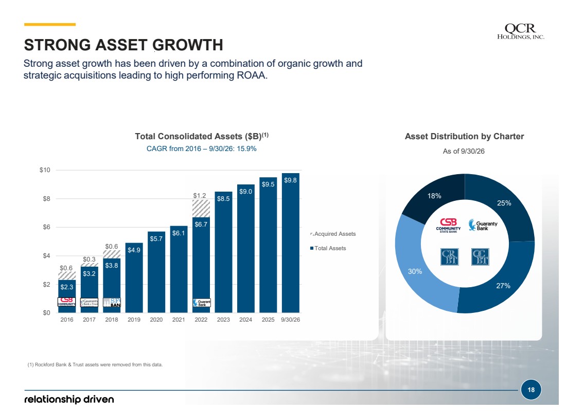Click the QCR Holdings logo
[x=521, y=31]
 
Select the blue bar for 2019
[x=134, y=277]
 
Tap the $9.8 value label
[x=290, y=180]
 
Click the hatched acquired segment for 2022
[x=201, y=209]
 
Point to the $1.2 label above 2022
[x=200, y=195]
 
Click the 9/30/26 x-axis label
[x=290, y=320]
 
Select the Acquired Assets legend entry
[x=333, y=234]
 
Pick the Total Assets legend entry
[x=328, y=249]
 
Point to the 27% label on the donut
[x=503, y=286]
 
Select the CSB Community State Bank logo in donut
[x=448, y=226]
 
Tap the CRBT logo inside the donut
[x=449, y=257]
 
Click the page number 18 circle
[x=531, y=390]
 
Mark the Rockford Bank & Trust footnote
[x=95, y=365]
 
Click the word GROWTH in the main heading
[x=188, y=45]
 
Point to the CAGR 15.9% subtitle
[x=201, y=148]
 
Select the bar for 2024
[x=246, y=249]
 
